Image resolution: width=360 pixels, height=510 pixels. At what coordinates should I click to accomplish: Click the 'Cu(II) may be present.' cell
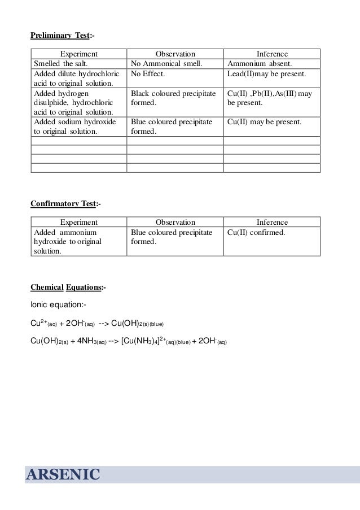pyautogui.click(x=264, y=122)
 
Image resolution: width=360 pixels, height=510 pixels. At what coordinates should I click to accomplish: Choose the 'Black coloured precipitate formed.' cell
pyautogui.click(x=172, y=98)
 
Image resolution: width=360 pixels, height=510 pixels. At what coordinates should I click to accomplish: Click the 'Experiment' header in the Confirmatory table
pyautogui.click(x=78, y=223)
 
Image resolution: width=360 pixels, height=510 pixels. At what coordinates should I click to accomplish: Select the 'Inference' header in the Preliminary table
pyautogui.click(x=272, y=53)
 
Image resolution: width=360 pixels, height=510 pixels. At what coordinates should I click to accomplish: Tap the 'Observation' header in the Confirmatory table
pyautogui.click(x=175, y=223)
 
